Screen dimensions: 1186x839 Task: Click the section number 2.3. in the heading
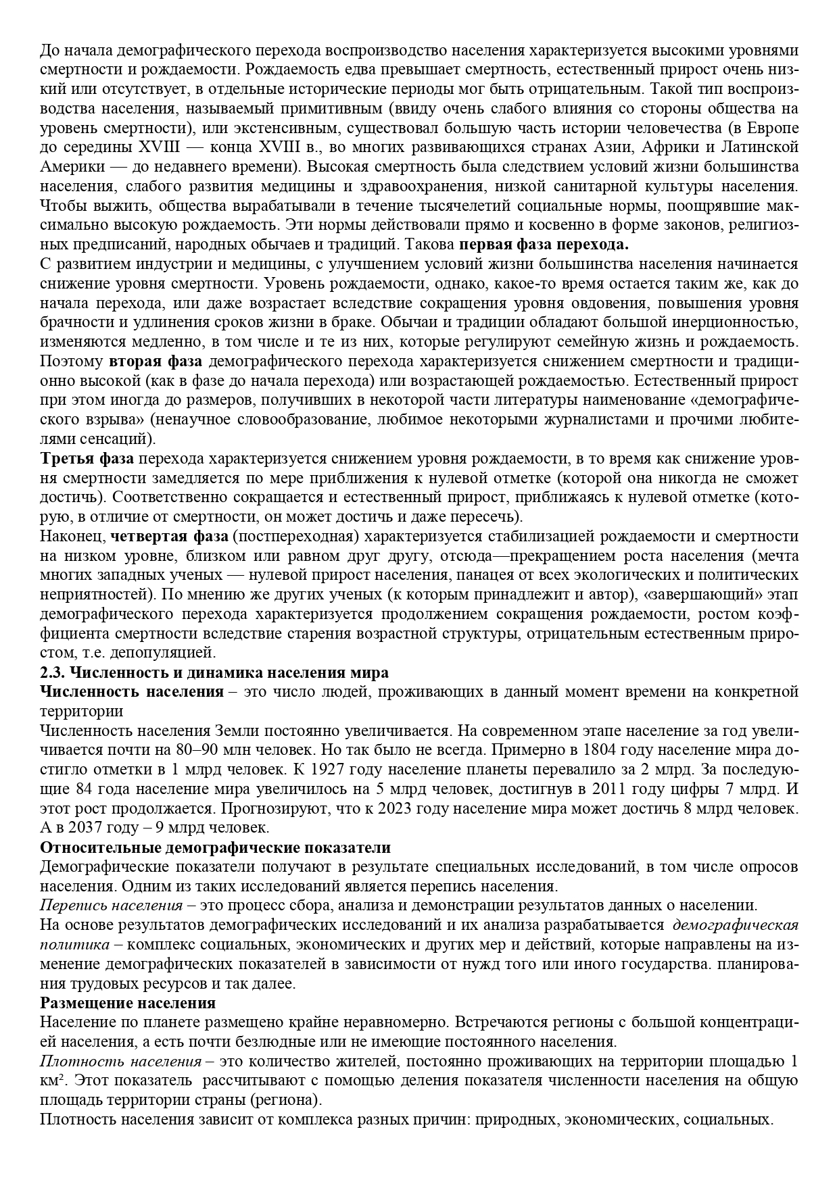(x=53, y=673)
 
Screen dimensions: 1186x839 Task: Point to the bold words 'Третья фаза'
(x=87, y=459)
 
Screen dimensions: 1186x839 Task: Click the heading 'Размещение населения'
(x=128, y=1003)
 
